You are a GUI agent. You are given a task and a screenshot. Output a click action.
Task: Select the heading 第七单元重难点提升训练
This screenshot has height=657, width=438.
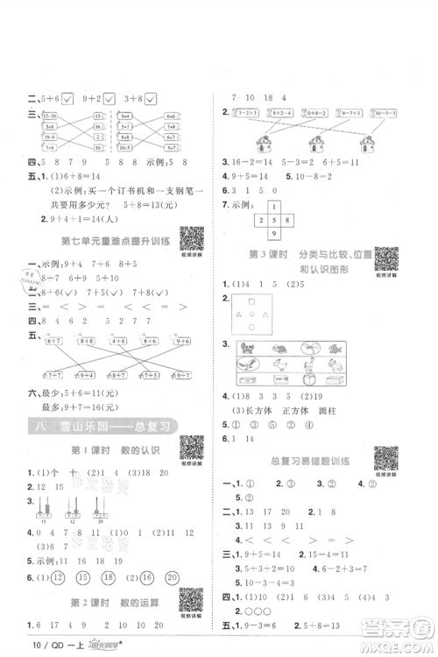(x=102, y=241)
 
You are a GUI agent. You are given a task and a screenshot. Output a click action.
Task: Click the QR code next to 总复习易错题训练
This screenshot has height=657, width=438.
(x=385, y=458)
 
